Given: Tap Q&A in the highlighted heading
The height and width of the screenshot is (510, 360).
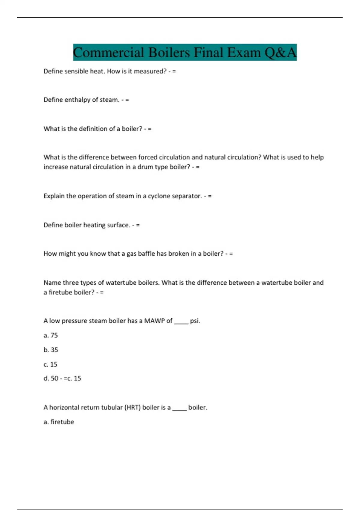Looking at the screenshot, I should point(280,52).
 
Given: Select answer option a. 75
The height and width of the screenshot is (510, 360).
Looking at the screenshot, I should point(51,335).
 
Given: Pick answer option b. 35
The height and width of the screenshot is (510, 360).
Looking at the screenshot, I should point(51,350).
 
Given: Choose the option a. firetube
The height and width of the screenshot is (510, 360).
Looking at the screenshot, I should point(59,422).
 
